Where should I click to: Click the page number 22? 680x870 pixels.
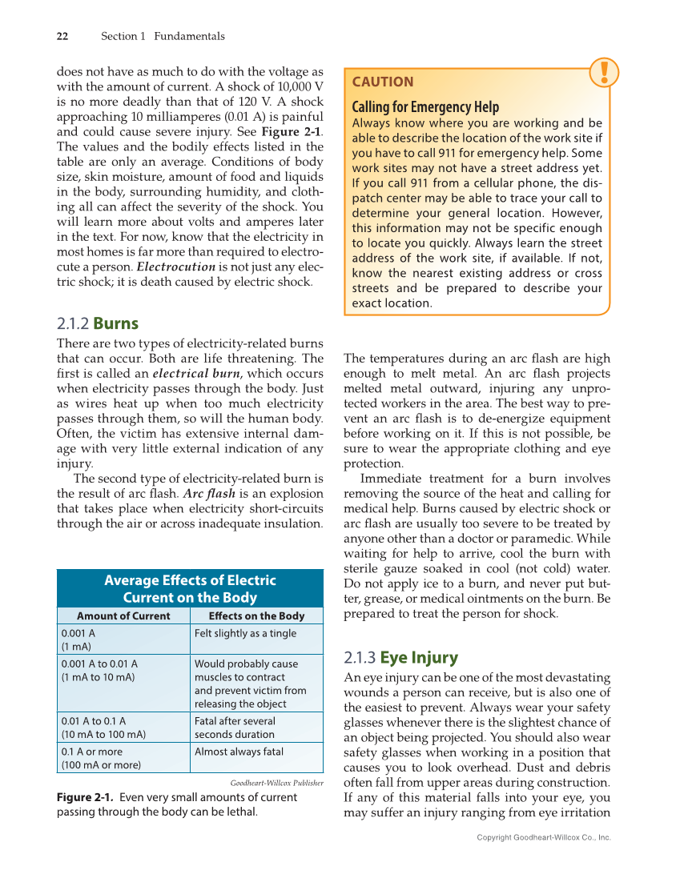(x=62, y=36)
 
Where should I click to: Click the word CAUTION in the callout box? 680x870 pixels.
(x=383, y=82)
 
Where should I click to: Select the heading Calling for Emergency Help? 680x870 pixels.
(x=425, y=106)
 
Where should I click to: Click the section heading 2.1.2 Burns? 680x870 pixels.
(x=98, y=324)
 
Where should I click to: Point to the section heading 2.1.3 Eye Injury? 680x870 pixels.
(x=400, y=658)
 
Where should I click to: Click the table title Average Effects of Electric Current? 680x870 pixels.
(x=190, y=588)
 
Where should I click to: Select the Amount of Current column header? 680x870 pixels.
(x=123, y=615)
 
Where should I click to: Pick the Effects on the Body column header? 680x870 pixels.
(x=256, y=615)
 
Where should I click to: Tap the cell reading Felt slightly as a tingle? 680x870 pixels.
(x=245, y=633)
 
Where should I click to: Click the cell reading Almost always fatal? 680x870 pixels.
(x=239, y=752)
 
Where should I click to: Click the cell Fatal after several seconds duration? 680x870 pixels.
(x=235, y=728)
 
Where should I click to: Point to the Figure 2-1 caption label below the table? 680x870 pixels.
(x=87, y=797)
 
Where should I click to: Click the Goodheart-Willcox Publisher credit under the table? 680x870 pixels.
(x=276, y=782)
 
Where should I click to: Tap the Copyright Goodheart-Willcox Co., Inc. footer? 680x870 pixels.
(x=543, y=837)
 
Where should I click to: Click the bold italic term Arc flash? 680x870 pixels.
(x=209, y=493)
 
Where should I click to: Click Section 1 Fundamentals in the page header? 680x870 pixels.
(x=163, y=36)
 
